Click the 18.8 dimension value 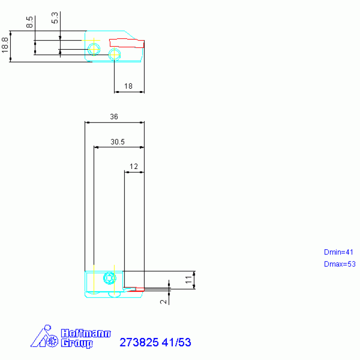click(x=5, y=46)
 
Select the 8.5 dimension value click(x=30, y=22)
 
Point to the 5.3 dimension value click(x=54, y=18)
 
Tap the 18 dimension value click(x=128, y=86)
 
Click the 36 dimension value click(x=114, y=116)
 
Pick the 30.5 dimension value click(x=117, y=142)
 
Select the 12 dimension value click(x=134, y=166)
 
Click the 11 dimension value click(x=189, y=280)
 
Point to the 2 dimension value click(x=163, y=302)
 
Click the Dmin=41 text click(x=338, y=252)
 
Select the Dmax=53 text click(x=340, y=264)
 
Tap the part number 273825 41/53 click(x=155, y=342)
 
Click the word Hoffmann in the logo click(x=85, y=333)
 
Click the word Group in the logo click(x=77, y=343)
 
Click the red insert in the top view click(x=127, y=43)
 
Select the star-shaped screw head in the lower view click(x=110, y=278)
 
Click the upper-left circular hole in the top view click(x=94, y=49)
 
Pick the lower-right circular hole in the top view click(x=115, y=54)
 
